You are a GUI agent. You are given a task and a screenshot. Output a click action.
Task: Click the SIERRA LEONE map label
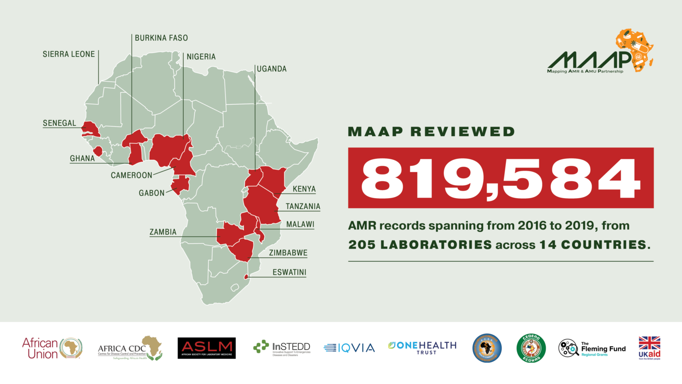pos(69,54)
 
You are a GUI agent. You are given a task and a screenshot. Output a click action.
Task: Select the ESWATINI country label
pos(289,273)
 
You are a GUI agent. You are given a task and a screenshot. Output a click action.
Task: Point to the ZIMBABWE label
pos(288,253)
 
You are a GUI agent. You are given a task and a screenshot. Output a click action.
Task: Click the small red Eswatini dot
pos(246,277)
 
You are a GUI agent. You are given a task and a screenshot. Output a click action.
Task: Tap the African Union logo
pos(52,348)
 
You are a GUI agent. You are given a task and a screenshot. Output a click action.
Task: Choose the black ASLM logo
pos(206,348)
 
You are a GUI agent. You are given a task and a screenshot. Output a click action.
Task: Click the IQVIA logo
pos(349,348)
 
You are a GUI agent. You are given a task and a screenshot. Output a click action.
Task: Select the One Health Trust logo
pos(422,347)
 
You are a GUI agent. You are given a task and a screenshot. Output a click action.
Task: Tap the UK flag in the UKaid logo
pos(649,343)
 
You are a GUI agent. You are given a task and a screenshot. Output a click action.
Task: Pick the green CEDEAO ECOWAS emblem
pos(530,348)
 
